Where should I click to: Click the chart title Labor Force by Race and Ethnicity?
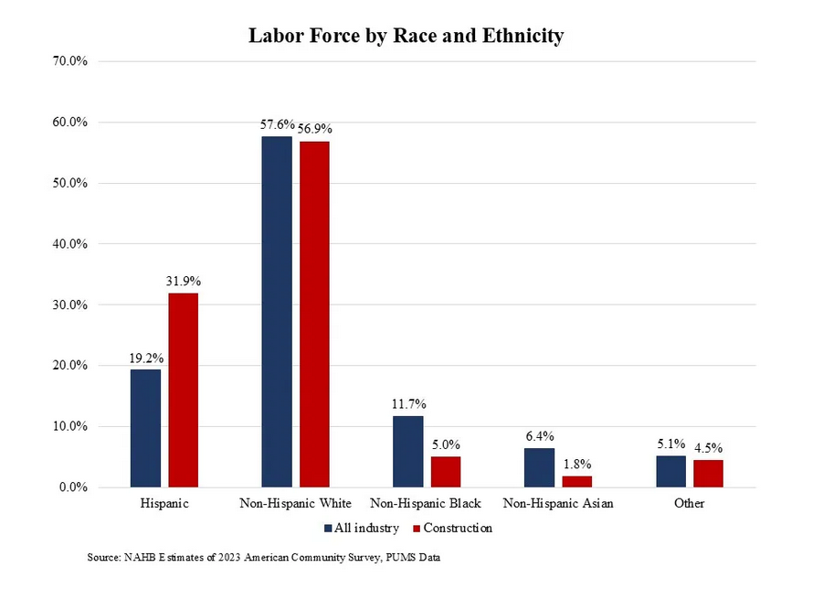(406, 36)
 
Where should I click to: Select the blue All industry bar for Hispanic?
(145, 428)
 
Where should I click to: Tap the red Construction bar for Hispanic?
(183, 390)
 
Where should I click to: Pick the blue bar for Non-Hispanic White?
(277, 312)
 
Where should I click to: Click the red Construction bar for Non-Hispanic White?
(314, 314)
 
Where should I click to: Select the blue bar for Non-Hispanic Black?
(408, 451)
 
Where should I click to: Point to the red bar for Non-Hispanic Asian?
(576, 481)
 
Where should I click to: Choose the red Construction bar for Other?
(708, 473)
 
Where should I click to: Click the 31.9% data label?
(184, 281)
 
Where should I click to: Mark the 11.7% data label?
(408, 403)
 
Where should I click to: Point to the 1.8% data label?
(577, 464)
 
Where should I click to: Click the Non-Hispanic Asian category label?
(558, 504)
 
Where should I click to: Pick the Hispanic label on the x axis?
(164, 504)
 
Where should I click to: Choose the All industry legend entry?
(363, 528)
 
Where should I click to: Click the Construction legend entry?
(454, 528)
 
